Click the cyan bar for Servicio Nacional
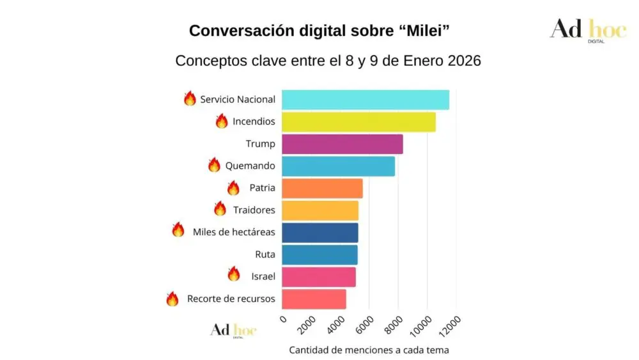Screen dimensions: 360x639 click(x=365, y=100)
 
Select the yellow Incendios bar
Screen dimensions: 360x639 click(x=358, y=121)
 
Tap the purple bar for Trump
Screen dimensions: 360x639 click(x=342, y=144)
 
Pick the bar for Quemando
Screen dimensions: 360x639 click(x=338, y=166)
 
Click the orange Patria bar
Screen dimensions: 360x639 click(x=322, y=189)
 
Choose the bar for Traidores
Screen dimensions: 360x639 click(x=319, y=210)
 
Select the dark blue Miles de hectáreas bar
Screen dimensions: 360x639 click(x=319, y=233)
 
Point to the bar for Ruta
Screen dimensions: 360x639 click(x=319, y=254)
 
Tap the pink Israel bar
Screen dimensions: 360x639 click(x=318, y=277)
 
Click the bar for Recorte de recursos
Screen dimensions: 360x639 click(x=314, y=299)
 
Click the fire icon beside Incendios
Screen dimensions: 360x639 click(x=222, y=121)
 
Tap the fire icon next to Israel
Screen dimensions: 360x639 click(x=234, y=274)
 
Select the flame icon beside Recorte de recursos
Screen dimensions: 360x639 click(x=173, y=299)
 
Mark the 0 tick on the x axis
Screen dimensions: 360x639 click(x=283, y=318)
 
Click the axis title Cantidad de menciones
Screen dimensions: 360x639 click(x=369, y=350)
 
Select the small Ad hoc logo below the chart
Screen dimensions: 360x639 click(x=233, y=331)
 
